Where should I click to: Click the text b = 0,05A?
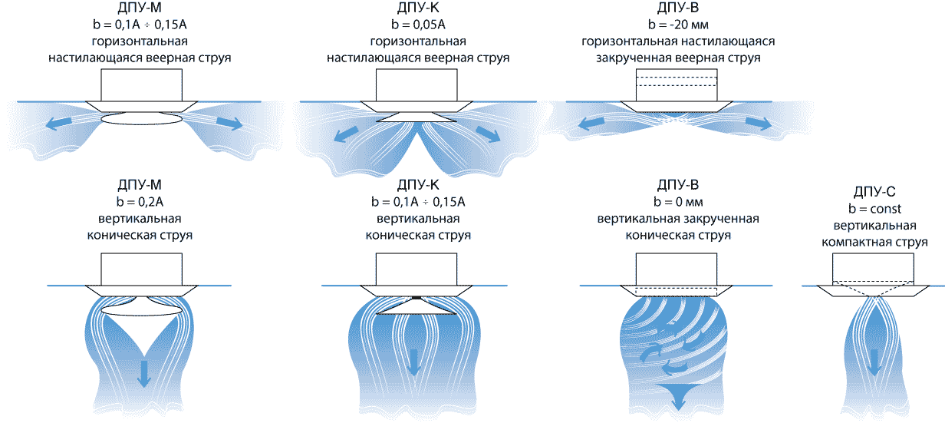pyautogui.click(x=418, y=25)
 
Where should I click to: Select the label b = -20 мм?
pyautogui.click(x=679, y=25)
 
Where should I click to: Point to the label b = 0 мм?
pyautogui.click(x=678, y=203)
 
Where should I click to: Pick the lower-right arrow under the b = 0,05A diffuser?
pyautogui.click(x=487, y=134)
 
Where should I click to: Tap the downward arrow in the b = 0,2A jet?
pyautogui.click(x=143, y=372)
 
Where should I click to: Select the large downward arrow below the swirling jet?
pyautogui.click(x=678, y=398)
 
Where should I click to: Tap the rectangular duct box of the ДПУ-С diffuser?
pyautogui.click(x=873, y=267)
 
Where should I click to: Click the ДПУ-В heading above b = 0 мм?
pyautogui.click(x=678, y=185)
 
